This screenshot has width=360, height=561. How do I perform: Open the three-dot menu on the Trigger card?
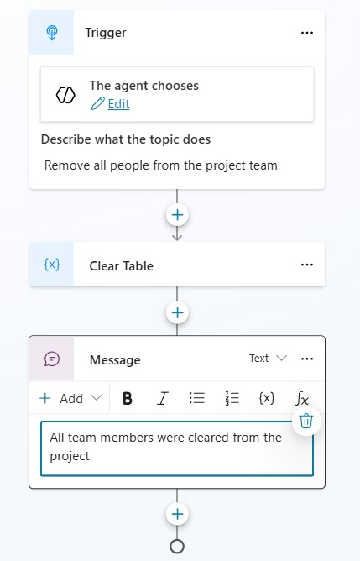coord(307,33)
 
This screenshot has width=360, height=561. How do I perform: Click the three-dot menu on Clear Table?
coord(307,265)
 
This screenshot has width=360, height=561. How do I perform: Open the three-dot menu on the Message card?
coord(307,359)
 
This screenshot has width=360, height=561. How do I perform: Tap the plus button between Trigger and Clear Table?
coord(177,215)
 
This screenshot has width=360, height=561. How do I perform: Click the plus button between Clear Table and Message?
coord(177,312)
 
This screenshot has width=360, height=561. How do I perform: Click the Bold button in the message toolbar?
coord(128,398)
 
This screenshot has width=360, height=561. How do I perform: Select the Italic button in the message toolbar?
coord(162,398)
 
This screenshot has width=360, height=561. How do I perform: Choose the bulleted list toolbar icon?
coord(197,398)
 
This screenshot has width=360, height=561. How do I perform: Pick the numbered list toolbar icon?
coord(232,398)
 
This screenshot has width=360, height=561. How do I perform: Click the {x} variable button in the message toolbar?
coord(267,398)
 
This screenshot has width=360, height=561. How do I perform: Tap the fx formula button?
coord(301,399)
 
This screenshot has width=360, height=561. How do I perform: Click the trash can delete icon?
coord(306,421)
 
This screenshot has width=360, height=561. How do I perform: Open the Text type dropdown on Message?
coord(269,358)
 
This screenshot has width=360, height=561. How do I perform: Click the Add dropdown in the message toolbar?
coord(70,398)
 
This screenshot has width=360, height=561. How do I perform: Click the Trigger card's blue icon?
coord(52,33)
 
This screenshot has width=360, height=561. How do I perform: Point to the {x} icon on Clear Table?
coord(52,265)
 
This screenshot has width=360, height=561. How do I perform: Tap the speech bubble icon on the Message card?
coord(52,359)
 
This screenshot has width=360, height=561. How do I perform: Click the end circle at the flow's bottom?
coord(177,547)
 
